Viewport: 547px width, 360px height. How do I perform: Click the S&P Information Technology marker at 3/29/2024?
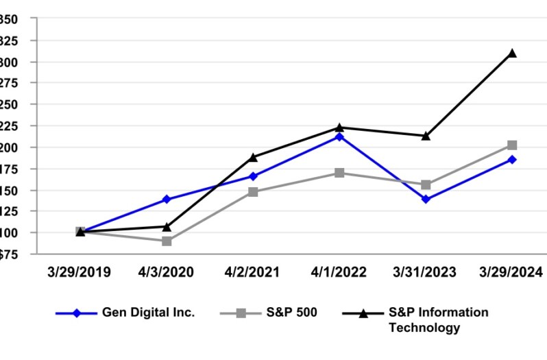(512, 53)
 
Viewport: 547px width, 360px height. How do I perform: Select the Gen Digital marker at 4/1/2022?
(339, 136)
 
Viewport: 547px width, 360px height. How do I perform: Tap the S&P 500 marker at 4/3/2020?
(167, 241)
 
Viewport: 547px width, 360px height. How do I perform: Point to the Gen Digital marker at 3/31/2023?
(426, 200)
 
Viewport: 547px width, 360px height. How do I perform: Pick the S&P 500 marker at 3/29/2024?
(512, 145)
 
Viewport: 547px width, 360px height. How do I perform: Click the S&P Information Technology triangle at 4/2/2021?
(253, 157)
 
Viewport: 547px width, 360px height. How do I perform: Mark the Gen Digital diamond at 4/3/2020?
(167, 200)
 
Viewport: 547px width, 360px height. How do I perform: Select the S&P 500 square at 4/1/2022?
(339, 173)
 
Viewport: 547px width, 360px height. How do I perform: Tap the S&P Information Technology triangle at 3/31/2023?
(426, 136)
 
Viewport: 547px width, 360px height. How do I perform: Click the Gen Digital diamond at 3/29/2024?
(512, 160)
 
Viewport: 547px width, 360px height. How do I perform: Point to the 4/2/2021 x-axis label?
(253, 272)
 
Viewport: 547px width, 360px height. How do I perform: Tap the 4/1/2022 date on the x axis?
(339, 272)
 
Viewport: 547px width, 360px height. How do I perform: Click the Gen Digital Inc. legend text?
(149, 313)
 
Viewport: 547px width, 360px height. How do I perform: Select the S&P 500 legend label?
(287, 313)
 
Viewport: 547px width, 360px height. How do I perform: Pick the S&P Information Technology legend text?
(439, 320)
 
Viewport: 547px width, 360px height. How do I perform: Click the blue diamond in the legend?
(77, 313)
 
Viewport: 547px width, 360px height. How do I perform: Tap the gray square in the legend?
(241, 313)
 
